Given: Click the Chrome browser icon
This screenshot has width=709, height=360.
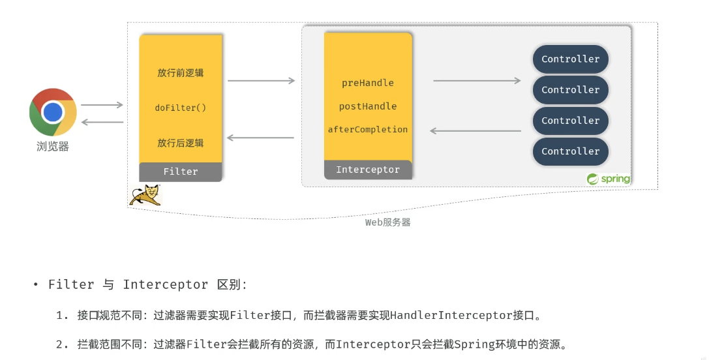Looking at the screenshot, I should [53, 112].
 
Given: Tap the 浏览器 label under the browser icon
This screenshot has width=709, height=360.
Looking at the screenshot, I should [53, 147].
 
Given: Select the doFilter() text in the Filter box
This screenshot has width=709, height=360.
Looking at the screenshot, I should [181, 108].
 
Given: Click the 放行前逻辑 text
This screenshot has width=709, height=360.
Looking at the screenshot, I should [181, 72].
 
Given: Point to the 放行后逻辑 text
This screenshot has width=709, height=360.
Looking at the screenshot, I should [181, 143].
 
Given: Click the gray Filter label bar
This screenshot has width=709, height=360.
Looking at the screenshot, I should [181, 172].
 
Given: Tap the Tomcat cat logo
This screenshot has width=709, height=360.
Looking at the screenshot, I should [145, 195].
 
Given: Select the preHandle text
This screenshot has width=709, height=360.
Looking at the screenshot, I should [368, 83].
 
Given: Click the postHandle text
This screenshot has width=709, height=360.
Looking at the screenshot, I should [368, 106].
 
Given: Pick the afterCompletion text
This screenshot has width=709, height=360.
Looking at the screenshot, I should [368, 130].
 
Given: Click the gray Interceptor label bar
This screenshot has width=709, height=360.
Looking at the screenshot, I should [368, 170].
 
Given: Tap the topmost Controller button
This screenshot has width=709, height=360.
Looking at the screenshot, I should [571, 59].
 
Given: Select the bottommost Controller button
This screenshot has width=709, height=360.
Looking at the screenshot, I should [571, 151].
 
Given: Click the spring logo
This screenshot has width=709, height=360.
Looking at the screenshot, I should [609, 179].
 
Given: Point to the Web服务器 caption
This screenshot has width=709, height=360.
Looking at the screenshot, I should [387, 222].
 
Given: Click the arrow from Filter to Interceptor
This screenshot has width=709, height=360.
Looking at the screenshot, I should [261, 81].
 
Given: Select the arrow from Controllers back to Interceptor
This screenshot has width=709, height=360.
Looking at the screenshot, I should [475, 131].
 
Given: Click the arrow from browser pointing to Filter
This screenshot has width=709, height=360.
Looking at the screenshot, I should [102, 105].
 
